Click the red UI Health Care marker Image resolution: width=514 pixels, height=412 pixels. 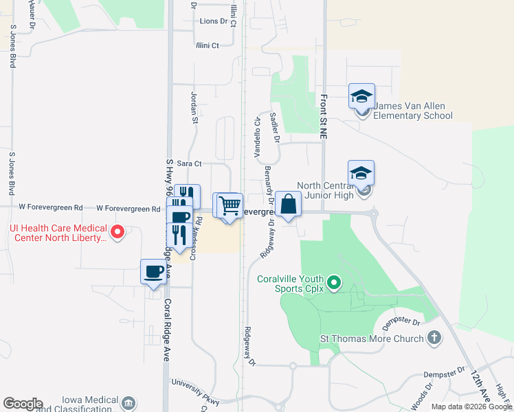pos(118,233)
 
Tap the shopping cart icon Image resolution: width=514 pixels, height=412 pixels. pos(230,205)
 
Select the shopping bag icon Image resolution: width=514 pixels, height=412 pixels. pos(289,204)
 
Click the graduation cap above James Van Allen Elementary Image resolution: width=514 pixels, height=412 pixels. pos(361,97)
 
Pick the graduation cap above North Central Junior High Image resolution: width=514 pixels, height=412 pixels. pos(361,173)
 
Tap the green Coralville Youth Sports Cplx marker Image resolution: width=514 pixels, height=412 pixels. pos(334,282)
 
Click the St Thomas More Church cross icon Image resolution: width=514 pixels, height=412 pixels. pos(433,338)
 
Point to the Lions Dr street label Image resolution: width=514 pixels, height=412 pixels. pos(213,21)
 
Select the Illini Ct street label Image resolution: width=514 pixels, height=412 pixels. pos(206,45)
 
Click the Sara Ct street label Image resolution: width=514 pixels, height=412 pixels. pos(189,163)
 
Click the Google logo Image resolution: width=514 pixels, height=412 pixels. pos(23,404)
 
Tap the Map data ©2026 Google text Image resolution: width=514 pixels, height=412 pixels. pos(471,407)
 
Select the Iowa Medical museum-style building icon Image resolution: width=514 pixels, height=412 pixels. pos(128,403)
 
